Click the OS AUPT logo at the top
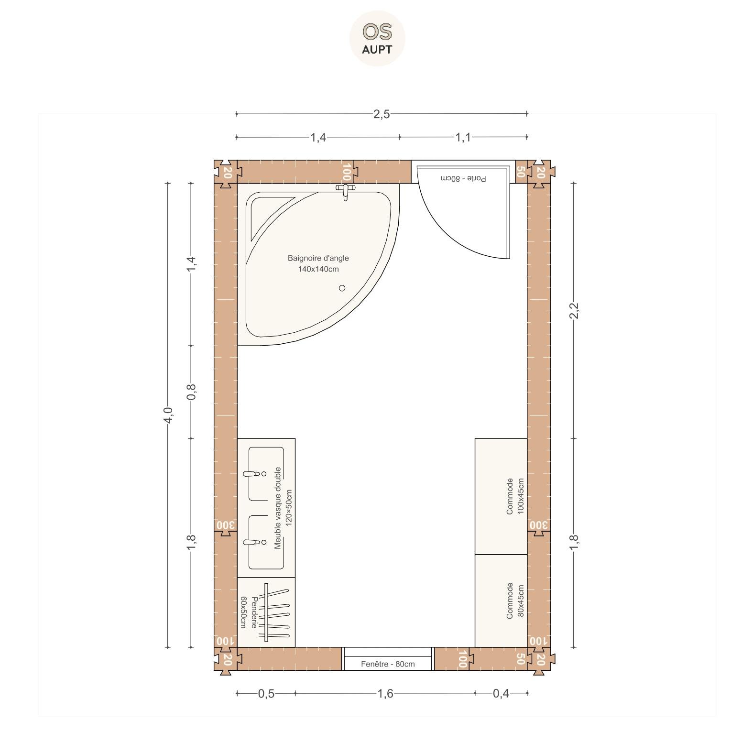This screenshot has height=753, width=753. pyautogui.click(x=377, y=38)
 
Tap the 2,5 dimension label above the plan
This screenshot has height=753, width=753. pyautogui.click(x=382, y=114)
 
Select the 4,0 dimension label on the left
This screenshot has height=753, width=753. pyautogui.click(x=167, y=415)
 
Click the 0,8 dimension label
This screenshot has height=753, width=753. pyautogui.click(x=191, y=392)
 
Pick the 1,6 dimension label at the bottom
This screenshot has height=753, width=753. pyautogui.click(x=385, y=693)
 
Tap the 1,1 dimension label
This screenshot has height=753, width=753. pyautogui.click(x=463, y=138)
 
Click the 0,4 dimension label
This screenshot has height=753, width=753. pyautogui.click(x=501, y=693)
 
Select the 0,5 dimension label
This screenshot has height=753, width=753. pyautogui.click(x=266, y=693)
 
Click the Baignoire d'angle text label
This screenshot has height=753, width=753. pyautogui.click(x=318, y=258)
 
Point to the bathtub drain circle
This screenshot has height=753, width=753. pyautogui.click(x=342, y=288)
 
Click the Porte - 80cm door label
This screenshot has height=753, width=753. pyautogui.click(x=463, y=178)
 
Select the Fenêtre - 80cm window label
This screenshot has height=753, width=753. pyautogui.click(x=388, y=664)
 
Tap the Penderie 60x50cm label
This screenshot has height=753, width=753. pyautogui.click(x=249, y=612)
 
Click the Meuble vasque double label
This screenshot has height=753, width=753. pyautogui.click(x=278, y=508)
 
